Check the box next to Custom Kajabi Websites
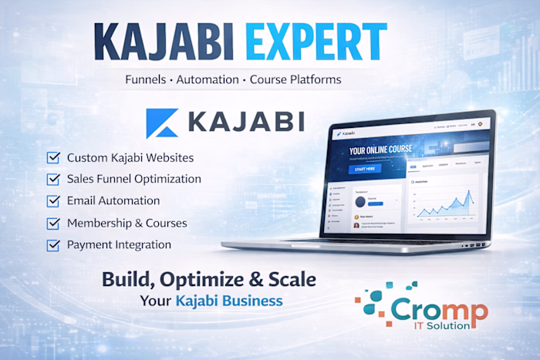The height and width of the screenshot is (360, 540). (x=53, y=158)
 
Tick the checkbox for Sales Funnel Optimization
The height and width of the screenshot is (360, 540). (x=53, y=180)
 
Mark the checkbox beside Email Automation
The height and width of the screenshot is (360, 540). (x=53, y=201)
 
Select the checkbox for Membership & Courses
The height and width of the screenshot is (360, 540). (x=53, y=224)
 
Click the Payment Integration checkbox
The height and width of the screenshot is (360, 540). (x=53, y=245)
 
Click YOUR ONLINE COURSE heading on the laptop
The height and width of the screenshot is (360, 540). (x=377, y=150)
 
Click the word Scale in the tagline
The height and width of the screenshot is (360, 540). (x=291, y=278)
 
